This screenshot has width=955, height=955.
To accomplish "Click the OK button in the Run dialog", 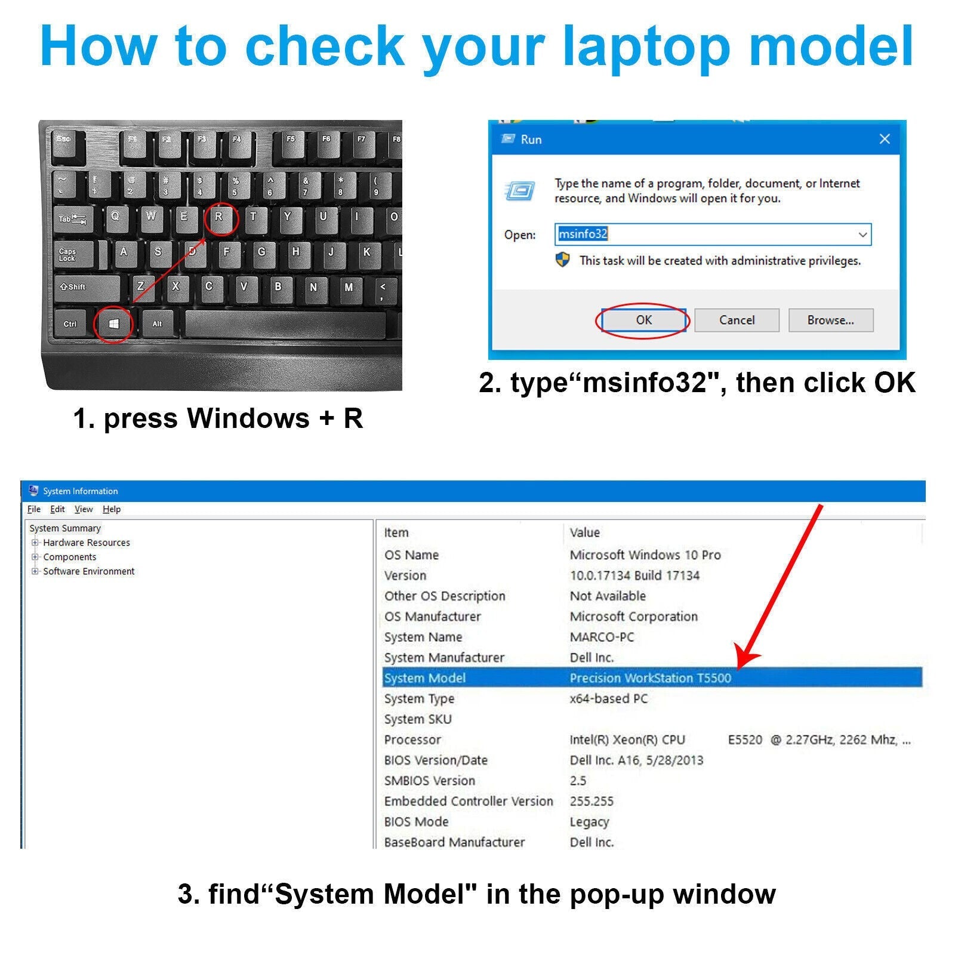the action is [x=643, y=320].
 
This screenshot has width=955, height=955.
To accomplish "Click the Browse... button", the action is [x=830, y=320].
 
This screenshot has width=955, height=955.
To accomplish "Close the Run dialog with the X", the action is [x=885, y=139].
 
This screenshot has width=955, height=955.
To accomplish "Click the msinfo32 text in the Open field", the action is [x=583, y=234].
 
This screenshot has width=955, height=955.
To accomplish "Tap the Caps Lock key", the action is [x=75, y=255].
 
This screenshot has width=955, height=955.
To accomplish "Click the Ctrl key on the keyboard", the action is [x=70, y=324].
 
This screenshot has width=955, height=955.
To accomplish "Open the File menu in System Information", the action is [x=34, y=509].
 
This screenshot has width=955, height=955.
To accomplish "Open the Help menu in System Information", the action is [x=112, y=509].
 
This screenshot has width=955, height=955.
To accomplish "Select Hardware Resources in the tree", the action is [x=87, y=543].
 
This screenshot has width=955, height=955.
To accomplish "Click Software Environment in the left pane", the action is [x=89, y=571].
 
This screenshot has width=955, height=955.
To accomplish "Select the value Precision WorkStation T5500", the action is [x=650, y=678].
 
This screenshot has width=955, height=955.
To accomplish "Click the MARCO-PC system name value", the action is [x=602, y=637].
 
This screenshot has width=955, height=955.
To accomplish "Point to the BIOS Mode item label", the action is [x=416, y=822].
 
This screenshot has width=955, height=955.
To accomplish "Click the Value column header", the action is [x=584, y=532].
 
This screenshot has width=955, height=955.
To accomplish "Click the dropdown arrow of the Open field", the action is [x=862, y=235].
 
